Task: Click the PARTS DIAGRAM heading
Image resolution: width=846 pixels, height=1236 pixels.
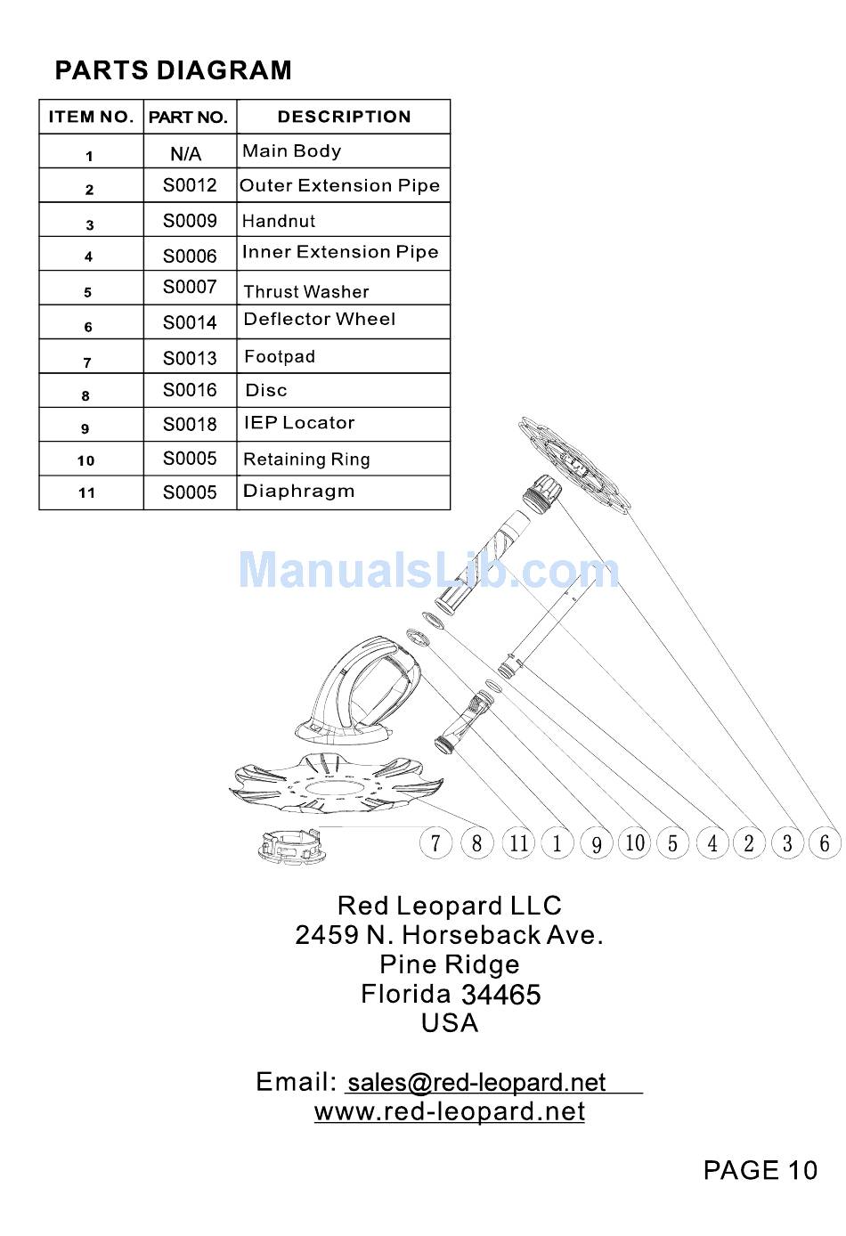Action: [x=173, y=70]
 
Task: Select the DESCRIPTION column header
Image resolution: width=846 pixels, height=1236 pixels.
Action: [x=344, y=117]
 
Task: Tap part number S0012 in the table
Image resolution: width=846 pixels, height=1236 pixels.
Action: [x=190, y=185]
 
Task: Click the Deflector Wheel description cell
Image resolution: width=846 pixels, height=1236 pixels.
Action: [x=320, y=319]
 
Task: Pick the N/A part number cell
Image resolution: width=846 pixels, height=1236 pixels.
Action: [x=186, y=154]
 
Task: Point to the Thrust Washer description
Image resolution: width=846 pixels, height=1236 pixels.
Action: [x=306, y=291]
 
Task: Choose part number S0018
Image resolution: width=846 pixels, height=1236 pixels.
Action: [x=190, y=424]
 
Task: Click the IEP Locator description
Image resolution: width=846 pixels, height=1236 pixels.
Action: [x=299, y=423]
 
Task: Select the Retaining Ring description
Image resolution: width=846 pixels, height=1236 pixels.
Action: [x=306, y=459]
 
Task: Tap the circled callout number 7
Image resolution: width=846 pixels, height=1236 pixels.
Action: [x=435, y=842]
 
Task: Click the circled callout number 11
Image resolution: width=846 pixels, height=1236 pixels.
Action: [x=518, y=842]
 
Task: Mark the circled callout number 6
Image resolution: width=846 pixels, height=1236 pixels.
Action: [x=825, y=842]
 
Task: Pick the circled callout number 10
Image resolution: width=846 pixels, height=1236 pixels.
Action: [x=635, y=842]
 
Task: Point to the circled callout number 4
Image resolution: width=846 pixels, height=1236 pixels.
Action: [x=712, y=842]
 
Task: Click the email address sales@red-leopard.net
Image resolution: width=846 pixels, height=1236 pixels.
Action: [x=476, y=1082]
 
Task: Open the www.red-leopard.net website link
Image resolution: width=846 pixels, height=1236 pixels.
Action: [x=450, y=1111]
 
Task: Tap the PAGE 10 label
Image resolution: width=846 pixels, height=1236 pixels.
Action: [x=760, y=1170]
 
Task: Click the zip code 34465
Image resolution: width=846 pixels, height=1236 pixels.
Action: [x=500, y=994]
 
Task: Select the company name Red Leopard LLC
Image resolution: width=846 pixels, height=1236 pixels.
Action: [x=450, y=906]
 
